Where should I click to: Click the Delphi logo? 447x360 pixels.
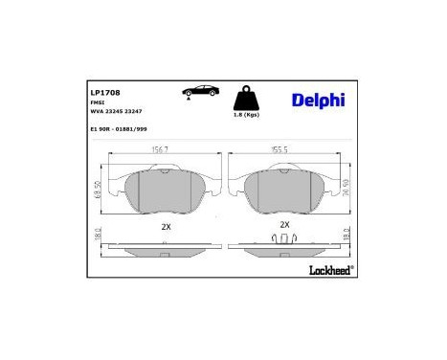coord(319,99)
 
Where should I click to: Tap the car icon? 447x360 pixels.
coord(200,91)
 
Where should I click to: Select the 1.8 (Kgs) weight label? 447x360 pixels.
coord(246,116)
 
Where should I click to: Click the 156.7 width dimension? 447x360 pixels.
coord(162,149)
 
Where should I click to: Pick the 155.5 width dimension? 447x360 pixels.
coord(282,149)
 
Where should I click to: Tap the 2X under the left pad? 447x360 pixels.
coord(165,227)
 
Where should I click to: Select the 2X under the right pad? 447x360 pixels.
coord(284,224)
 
